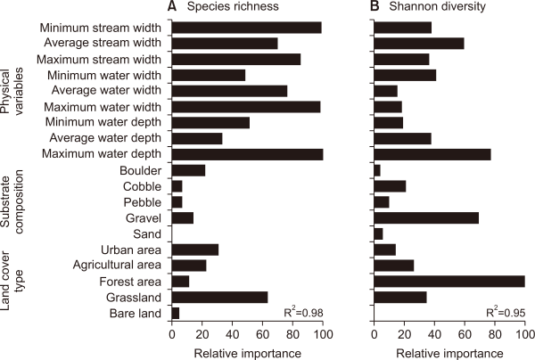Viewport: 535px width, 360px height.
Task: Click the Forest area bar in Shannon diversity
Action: (x=449, y=281)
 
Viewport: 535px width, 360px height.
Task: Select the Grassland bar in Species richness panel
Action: (x=219, y=297)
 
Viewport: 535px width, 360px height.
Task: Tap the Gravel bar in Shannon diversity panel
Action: (x=426, y=217)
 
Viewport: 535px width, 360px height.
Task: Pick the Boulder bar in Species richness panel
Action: (x=188, y=170)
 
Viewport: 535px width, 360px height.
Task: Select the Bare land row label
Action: (x=136, y=313)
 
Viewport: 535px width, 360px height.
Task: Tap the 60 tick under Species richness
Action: (x=262, y=333)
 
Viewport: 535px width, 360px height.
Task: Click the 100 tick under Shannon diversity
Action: (x=524, y=333)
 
